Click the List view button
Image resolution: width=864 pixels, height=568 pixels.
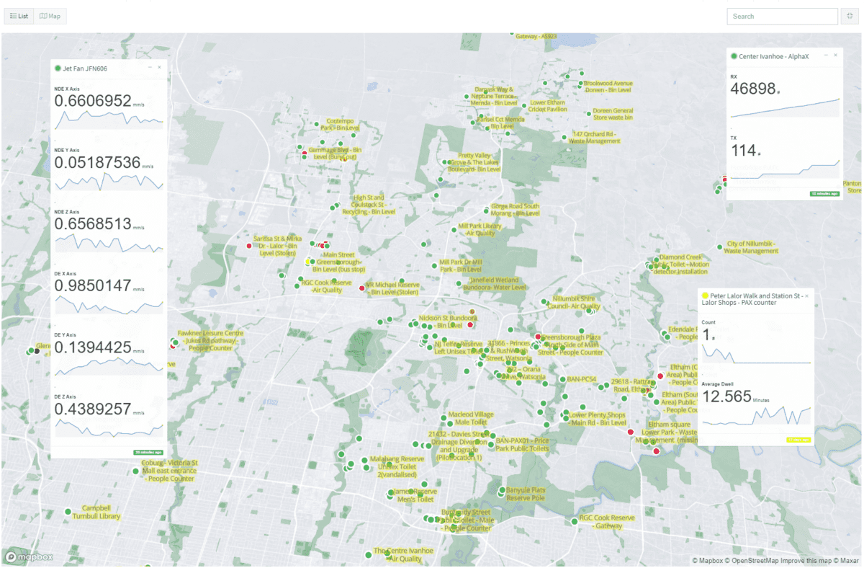point(19,16)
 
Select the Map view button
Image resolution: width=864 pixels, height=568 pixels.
point(50,16)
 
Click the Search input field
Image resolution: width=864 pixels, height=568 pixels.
point(782,17)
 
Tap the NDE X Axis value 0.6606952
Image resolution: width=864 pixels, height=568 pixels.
point(93,101)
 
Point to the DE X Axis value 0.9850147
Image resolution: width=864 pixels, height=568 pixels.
point(93,286)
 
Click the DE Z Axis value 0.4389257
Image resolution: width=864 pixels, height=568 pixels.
point(93,409)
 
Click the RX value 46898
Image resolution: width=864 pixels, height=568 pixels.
point(753,89)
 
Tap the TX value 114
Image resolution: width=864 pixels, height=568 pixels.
point(743,150)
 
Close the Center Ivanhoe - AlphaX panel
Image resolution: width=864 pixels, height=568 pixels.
point(835,56)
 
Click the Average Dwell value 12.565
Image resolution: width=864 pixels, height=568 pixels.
point(726,397)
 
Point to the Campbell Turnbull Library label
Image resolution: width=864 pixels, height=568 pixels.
point(100,512)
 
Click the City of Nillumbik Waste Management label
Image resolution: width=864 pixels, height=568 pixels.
point(752,247)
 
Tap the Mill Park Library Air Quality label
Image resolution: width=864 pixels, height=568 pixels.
point(480,229)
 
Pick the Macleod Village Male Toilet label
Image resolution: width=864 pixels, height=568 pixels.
point(471,418)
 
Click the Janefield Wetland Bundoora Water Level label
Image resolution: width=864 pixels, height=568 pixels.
point(494,283)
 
